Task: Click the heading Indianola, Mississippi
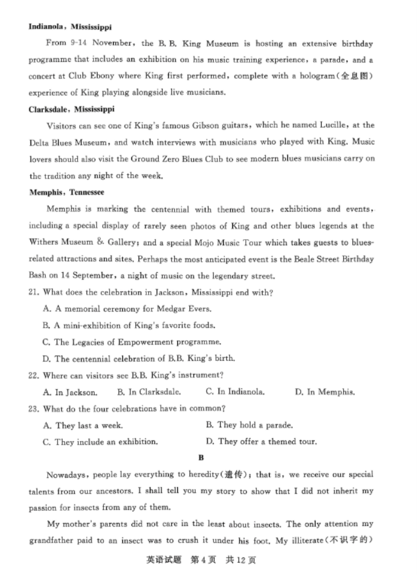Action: (70, 27)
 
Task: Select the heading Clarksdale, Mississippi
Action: (71, 109)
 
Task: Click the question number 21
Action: (34, 292)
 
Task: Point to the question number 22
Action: (34, 375)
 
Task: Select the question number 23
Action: (34, 409)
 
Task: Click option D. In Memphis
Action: (324, 392)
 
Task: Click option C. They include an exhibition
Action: (100, 442)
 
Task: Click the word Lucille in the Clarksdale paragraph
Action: (335, 125)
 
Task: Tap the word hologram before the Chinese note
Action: (327, 76)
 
